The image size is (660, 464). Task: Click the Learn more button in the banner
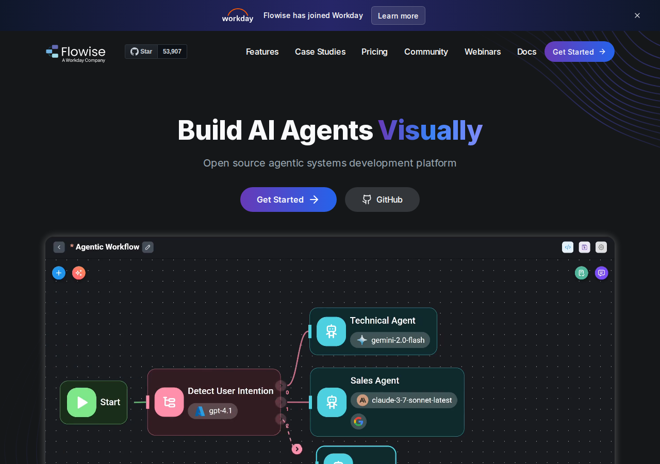click(x=398, y=15)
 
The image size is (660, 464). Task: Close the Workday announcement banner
click(x=637, y=15)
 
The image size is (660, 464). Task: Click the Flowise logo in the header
click(x=76, y=53)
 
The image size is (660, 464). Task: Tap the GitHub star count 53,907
click(x=172, y=52)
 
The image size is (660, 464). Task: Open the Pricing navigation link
click(x=374, y=52)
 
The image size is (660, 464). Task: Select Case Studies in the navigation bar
click(x=320, y=52)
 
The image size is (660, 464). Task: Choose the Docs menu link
click(x=526, y=52)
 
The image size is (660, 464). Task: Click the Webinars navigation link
click(x=482, y=52)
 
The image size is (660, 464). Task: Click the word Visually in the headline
click(x=430, y=131)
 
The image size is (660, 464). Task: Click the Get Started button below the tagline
click(x=288, y=200)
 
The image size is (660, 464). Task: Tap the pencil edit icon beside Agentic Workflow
click(x=147, y=247)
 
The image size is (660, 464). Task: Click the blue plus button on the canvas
click(x=59, y=273)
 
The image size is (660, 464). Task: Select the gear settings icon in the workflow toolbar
click(x=601, y=247)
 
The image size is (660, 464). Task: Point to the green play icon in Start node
click(x=81, y=402)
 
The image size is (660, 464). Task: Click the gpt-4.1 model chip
click(x=213, y=411)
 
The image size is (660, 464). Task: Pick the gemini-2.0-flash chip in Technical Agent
click(x=390, y=340)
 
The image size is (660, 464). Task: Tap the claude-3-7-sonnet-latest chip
click(x=404, y=400)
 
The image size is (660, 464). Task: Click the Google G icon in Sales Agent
click(x=358, y=422)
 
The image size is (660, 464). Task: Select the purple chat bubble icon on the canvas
click(x=601, y=273)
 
